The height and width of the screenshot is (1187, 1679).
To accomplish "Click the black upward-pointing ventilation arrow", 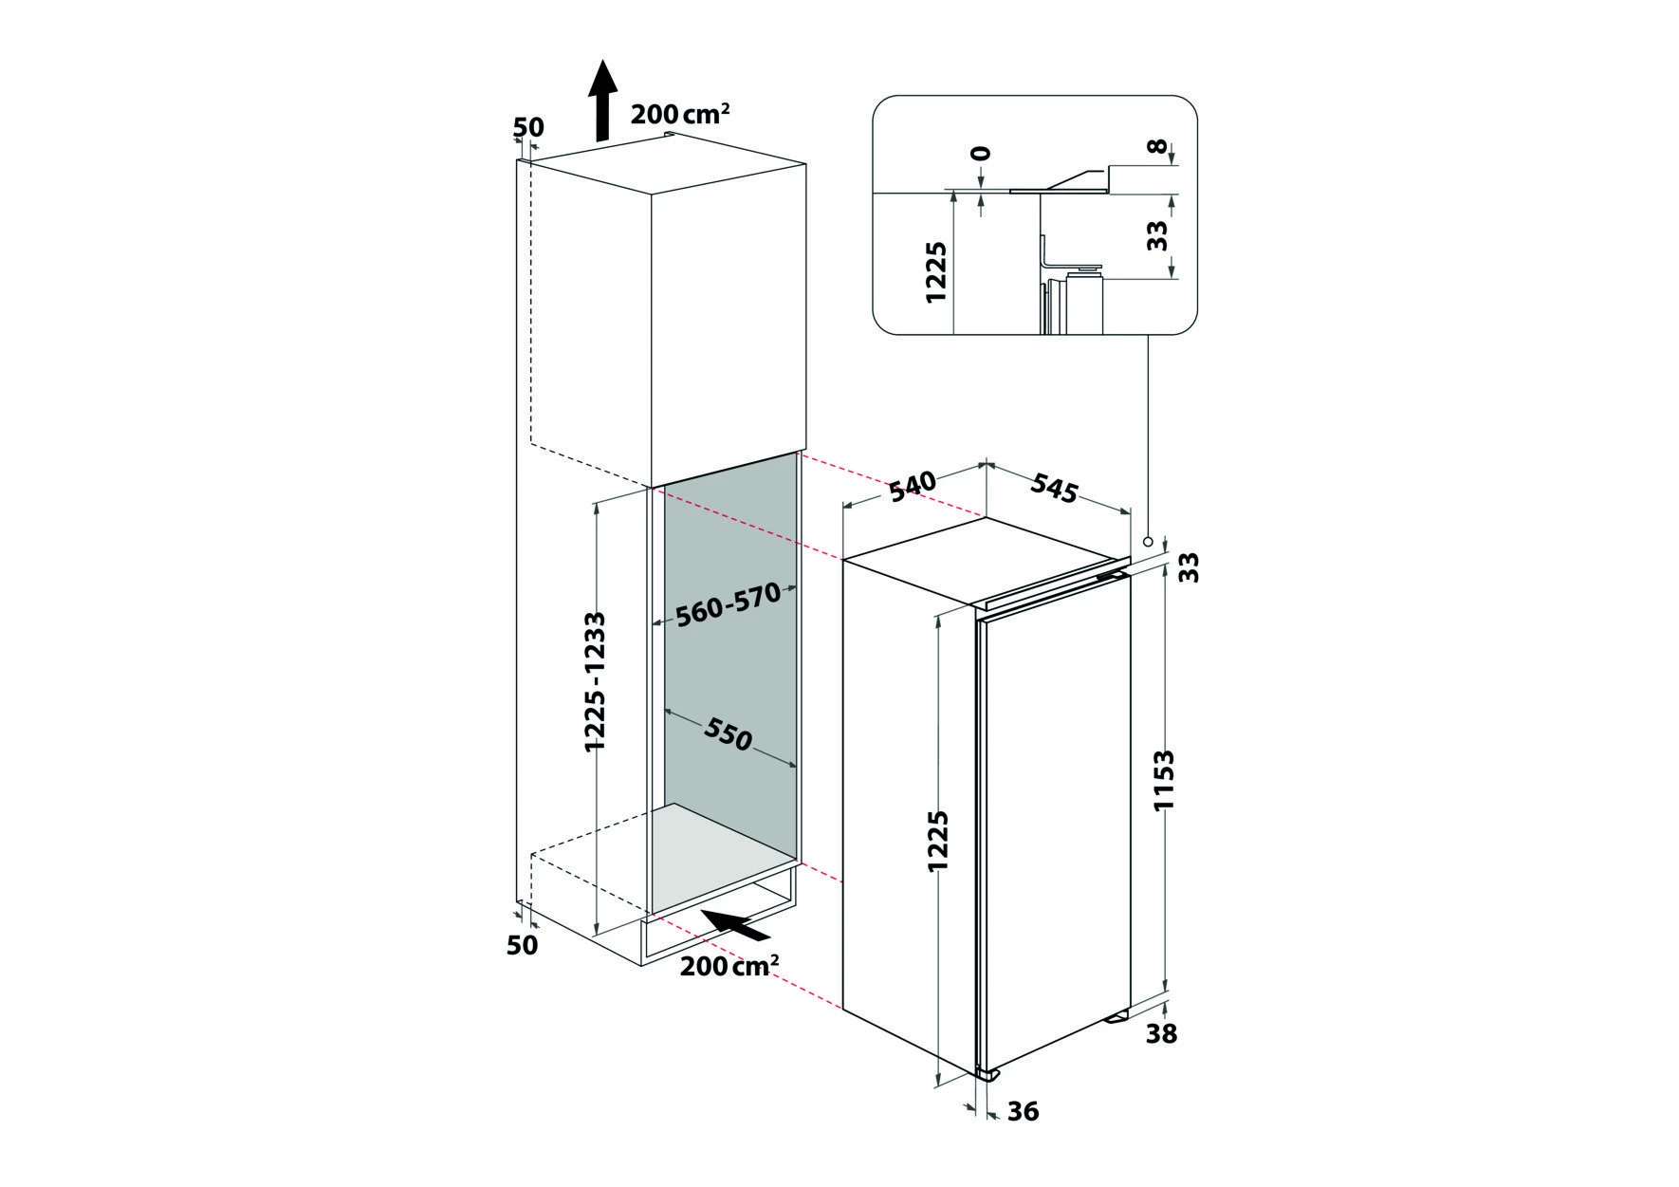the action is (601, 101).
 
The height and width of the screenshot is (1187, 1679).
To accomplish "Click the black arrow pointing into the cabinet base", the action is (734, 925).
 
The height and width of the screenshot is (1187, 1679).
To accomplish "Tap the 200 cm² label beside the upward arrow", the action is (680, 115).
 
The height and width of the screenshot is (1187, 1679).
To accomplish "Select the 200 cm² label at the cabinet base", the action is (729, 967).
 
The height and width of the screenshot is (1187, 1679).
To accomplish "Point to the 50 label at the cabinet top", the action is (527, 127).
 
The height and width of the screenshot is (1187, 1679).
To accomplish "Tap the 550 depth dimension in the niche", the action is (729, 733).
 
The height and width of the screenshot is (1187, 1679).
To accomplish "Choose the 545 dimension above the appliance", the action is (1055, 488).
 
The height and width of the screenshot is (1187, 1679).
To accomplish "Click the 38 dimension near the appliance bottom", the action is (1161, 1032).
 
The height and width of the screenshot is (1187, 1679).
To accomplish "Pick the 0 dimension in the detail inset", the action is (981, 153).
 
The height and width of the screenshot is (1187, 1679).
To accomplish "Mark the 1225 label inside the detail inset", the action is (936, 272).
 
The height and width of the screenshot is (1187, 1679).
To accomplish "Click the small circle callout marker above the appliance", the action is (1148, 542).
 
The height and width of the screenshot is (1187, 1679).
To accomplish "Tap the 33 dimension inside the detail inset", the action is (1155, 235).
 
